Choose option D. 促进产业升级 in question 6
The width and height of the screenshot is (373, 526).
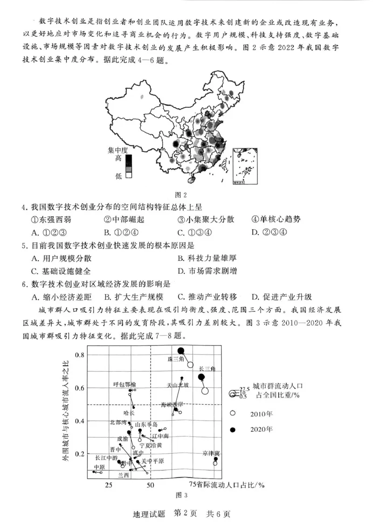pyautogui.click(x=282, y=297)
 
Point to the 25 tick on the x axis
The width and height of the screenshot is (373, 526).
pyautogui.click(x=109, y=485)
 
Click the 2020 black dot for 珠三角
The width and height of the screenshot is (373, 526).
pyautogui.click(x=181, y=351)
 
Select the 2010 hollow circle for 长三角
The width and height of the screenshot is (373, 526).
pyautogui.click(x=205, y=391)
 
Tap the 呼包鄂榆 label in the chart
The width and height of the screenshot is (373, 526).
pyautogui.click(x=125, y=384)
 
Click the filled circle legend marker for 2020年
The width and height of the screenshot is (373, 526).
pyautogui.click(x=233, y=429)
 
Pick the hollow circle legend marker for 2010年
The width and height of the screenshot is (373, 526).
pyautogui.click(x=233, y=413)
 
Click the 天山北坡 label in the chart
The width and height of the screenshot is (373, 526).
pyautogui.click(x=178, y=385)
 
